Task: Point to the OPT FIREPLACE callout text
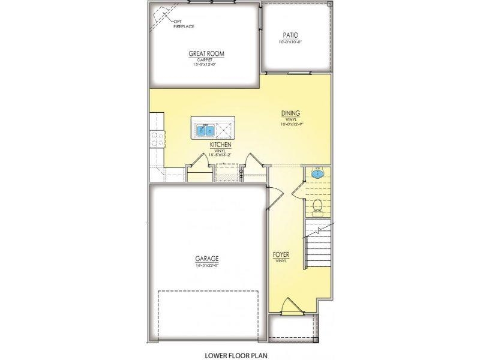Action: (x=184, y=24)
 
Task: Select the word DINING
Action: (x=291, y=113)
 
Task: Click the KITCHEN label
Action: (x=221, y=145)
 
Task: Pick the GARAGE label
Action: (x=205, y=259)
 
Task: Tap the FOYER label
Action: (x=281, y=254)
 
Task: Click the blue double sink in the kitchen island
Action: (x=205, y=129)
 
